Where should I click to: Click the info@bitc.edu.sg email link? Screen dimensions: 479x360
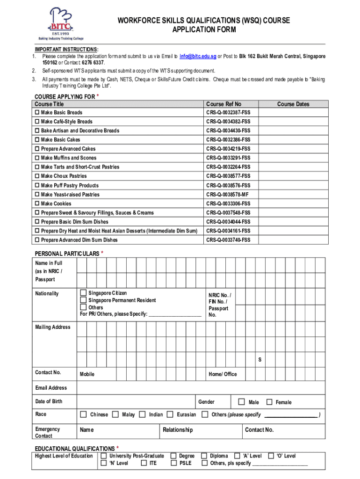pos(198,56)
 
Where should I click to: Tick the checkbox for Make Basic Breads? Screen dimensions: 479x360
pos(37,113)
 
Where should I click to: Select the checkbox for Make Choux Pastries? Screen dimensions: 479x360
pos(37,176)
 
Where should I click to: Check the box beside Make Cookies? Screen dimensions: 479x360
pos(37,204)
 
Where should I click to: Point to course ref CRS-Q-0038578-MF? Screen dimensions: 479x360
pos(228,195)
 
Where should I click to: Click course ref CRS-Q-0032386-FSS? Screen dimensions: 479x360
pos(228,140)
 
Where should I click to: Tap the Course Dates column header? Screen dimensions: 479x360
pos(293,104)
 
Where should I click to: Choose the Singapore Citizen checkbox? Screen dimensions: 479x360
pos(83,293)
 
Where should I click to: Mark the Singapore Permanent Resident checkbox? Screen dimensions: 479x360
pos(83,300)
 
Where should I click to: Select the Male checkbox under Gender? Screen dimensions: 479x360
pos(242,402)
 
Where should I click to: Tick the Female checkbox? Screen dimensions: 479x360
pos(269,402)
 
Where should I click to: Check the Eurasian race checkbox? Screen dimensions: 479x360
pos(171,414)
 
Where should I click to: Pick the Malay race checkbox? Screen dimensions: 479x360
pos(115,414)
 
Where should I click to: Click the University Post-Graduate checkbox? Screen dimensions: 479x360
pos(103,456)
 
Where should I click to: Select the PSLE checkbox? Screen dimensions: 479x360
pos(173,463)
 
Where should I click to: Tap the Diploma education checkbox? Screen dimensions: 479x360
pos(204,456)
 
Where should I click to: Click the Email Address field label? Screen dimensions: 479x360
pos(51,388)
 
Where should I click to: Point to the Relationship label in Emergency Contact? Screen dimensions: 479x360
pos(178,430)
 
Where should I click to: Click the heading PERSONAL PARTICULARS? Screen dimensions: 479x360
pos(67,254)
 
